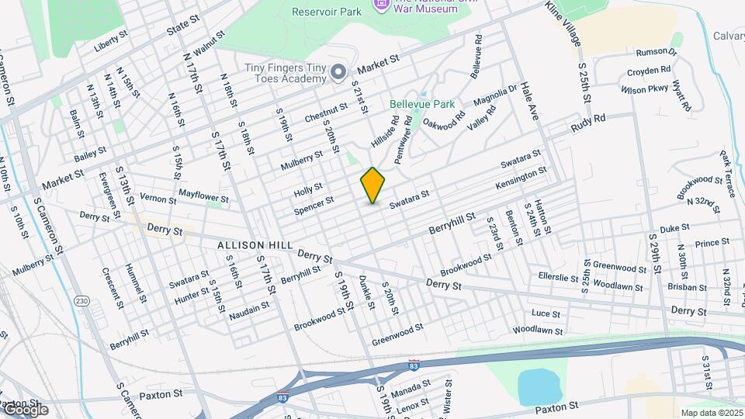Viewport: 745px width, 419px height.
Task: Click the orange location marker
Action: pos(373,185)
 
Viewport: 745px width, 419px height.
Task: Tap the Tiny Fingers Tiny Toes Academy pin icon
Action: pos(338,73)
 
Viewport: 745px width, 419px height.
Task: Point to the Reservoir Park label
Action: pos(327,11)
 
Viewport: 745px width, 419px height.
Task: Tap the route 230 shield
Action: pos(83,301)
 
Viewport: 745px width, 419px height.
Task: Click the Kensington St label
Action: pos(521,178)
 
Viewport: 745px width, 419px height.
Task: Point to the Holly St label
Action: pos(308,190)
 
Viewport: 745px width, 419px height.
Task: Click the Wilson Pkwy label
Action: pos(644,89)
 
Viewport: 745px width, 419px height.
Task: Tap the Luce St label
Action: pos(546,313)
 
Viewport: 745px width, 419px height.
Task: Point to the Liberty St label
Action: pos(110,43)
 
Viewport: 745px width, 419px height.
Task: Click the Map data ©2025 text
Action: pos(710,413)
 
